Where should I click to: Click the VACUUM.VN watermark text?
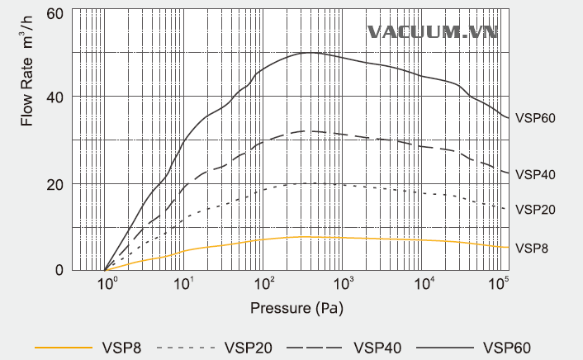click(x=433, y=32)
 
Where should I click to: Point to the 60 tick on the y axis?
click(x=55, y=14)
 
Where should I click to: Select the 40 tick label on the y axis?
click(x=55, y=97)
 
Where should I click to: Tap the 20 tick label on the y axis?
click(x=55, y=183)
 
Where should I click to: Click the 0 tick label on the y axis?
click(x=59, y=270)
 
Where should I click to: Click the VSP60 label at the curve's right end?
click(x=534, y=118)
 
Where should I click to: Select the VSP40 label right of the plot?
click(x=534, y=175)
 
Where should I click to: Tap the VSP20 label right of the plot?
click(x=534, y=210)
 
